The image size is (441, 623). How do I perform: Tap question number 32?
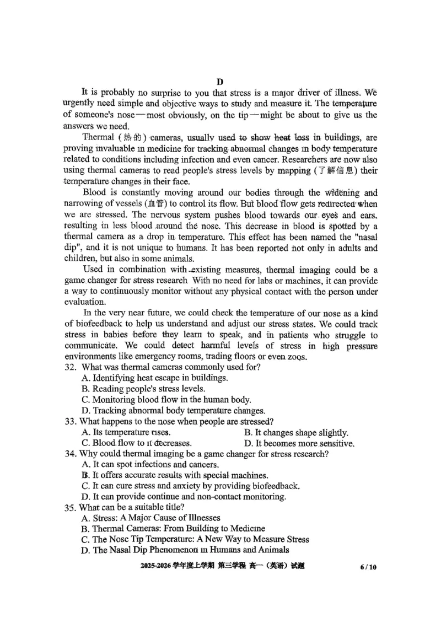(x=71, y=367)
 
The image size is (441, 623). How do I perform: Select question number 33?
(x=70, y=422)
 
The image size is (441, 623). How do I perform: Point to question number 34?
(x=70, y=454)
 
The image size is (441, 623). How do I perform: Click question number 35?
(x=70, y=507)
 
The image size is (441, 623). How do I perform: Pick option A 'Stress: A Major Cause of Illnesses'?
(x=150, y=518)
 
